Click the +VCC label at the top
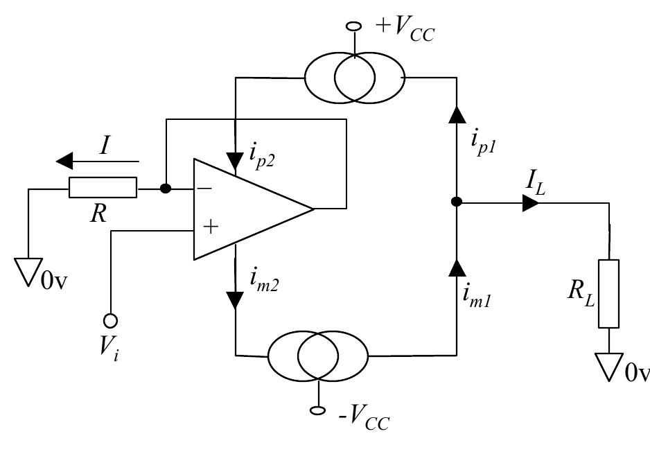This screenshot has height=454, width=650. coord(404,31)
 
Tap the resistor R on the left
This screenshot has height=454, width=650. coord(103,188)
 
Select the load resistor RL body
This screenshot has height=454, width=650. coord(608,293)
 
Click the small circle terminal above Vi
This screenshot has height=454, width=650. coord(110,320)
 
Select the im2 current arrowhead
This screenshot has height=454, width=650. coord(236,299)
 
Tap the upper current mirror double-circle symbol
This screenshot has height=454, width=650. coord(354,78)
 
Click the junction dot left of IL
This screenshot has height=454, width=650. coord(457,203)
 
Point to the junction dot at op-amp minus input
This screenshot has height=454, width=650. coord(165,188)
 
